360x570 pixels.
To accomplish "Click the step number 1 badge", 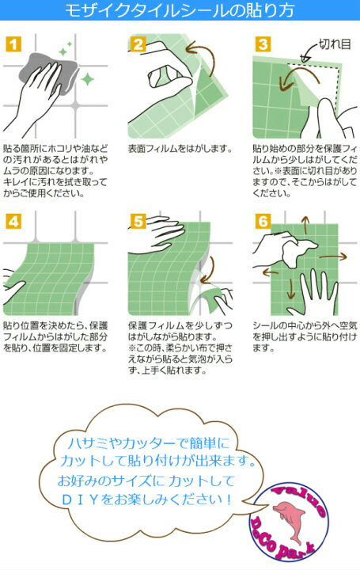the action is pos(13,44).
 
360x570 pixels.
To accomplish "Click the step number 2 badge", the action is pos(138,44).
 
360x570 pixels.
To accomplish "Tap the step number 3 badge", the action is pos(263,44).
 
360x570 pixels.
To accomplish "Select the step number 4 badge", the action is pos(13,221).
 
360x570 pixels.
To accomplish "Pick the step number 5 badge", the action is pos(138,221).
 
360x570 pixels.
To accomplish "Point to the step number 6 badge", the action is pos(263,221).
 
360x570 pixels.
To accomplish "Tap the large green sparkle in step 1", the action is pos(88,79).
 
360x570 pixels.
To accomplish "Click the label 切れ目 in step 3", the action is pos(335,44).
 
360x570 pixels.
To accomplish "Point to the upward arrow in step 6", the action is pos(305,225).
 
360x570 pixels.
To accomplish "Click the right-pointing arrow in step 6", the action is pos(333,256).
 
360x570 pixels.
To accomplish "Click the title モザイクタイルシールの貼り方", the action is pos(180,10).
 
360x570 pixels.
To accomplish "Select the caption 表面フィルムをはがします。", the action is pos(180,148).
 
